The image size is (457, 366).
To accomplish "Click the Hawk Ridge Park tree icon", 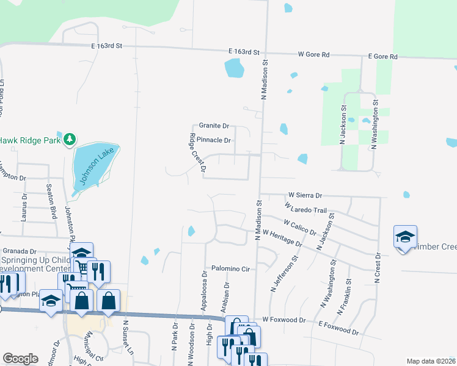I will coord(70,140).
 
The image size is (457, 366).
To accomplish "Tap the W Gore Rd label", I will coord(314,55).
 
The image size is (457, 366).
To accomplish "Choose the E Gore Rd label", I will coord(382,57).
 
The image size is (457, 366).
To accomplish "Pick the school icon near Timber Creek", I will coord(405,238).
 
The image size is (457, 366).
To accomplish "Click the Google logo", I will coord(21,358).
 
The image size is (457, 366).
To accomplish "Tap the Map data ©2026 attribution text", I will coord(430,361).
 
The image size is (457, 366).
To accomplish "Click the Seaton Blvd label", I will coord(53,198).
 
